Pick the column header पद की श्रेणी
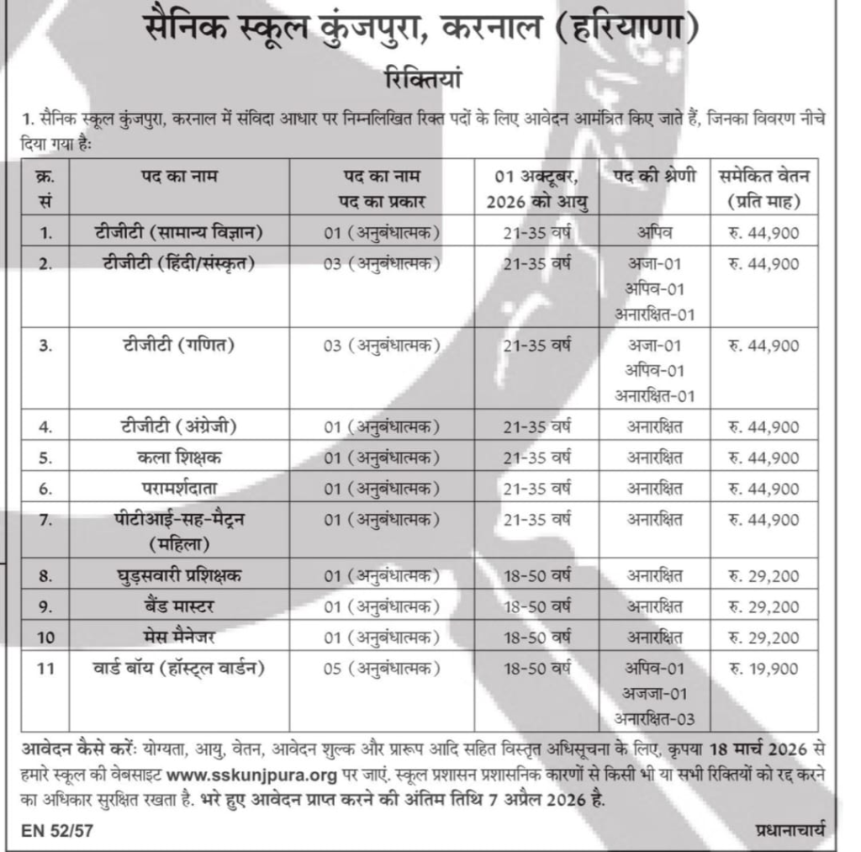653,177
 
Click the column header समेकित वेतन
764,177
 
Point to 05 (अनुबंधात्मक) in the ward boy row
383,669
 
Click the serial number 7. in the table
46,521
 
